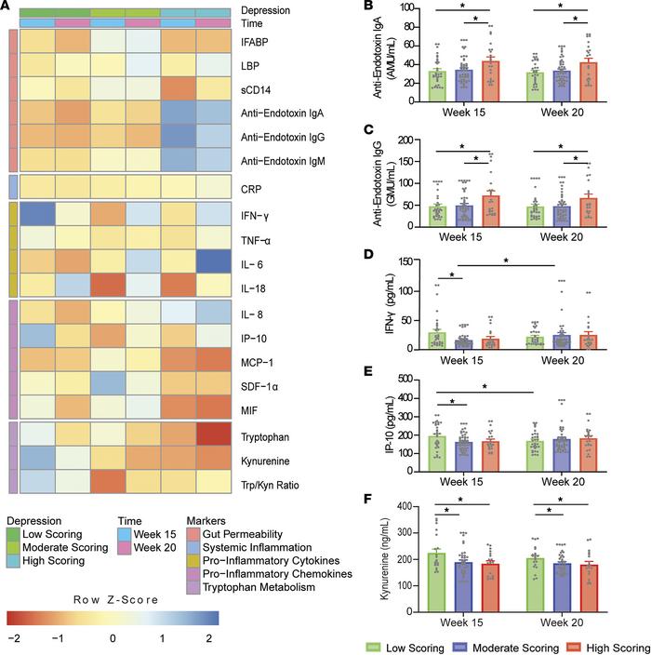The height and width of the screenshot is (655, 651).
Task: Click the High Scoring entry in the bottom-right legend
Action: tap(617, 646)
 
